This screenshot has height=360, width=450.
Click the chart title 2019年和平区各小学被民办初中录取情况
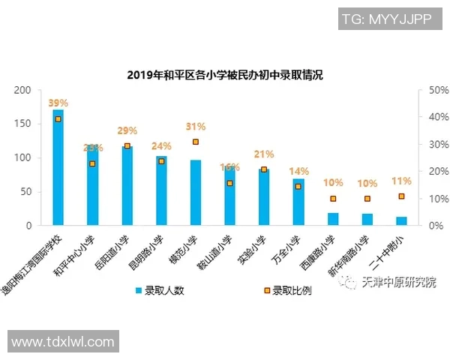[224, 75]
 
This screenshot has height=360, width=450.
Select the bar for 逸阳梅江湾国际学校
[58, 168]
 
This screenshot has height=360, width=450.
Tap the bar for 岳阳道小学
[127, 186]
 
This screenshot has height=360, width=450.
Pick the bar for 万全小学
[298, 202]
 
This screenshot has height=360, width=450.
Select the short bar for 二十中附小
[401, 220]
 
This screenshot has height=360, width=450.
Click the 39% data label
[58, 103]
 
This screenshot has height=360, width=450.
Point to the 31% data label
[195, 126]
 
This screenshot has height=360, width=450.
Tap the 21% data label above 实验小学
[264, 154]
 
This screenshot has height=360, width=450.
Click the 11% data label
[401, 181]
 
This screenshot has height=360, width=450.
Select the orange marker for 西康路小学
[332, 199]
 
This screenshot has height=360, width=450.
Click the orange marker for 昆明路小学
[161, 160]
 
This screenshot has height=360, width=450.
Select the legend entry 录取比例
[286, 290]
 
